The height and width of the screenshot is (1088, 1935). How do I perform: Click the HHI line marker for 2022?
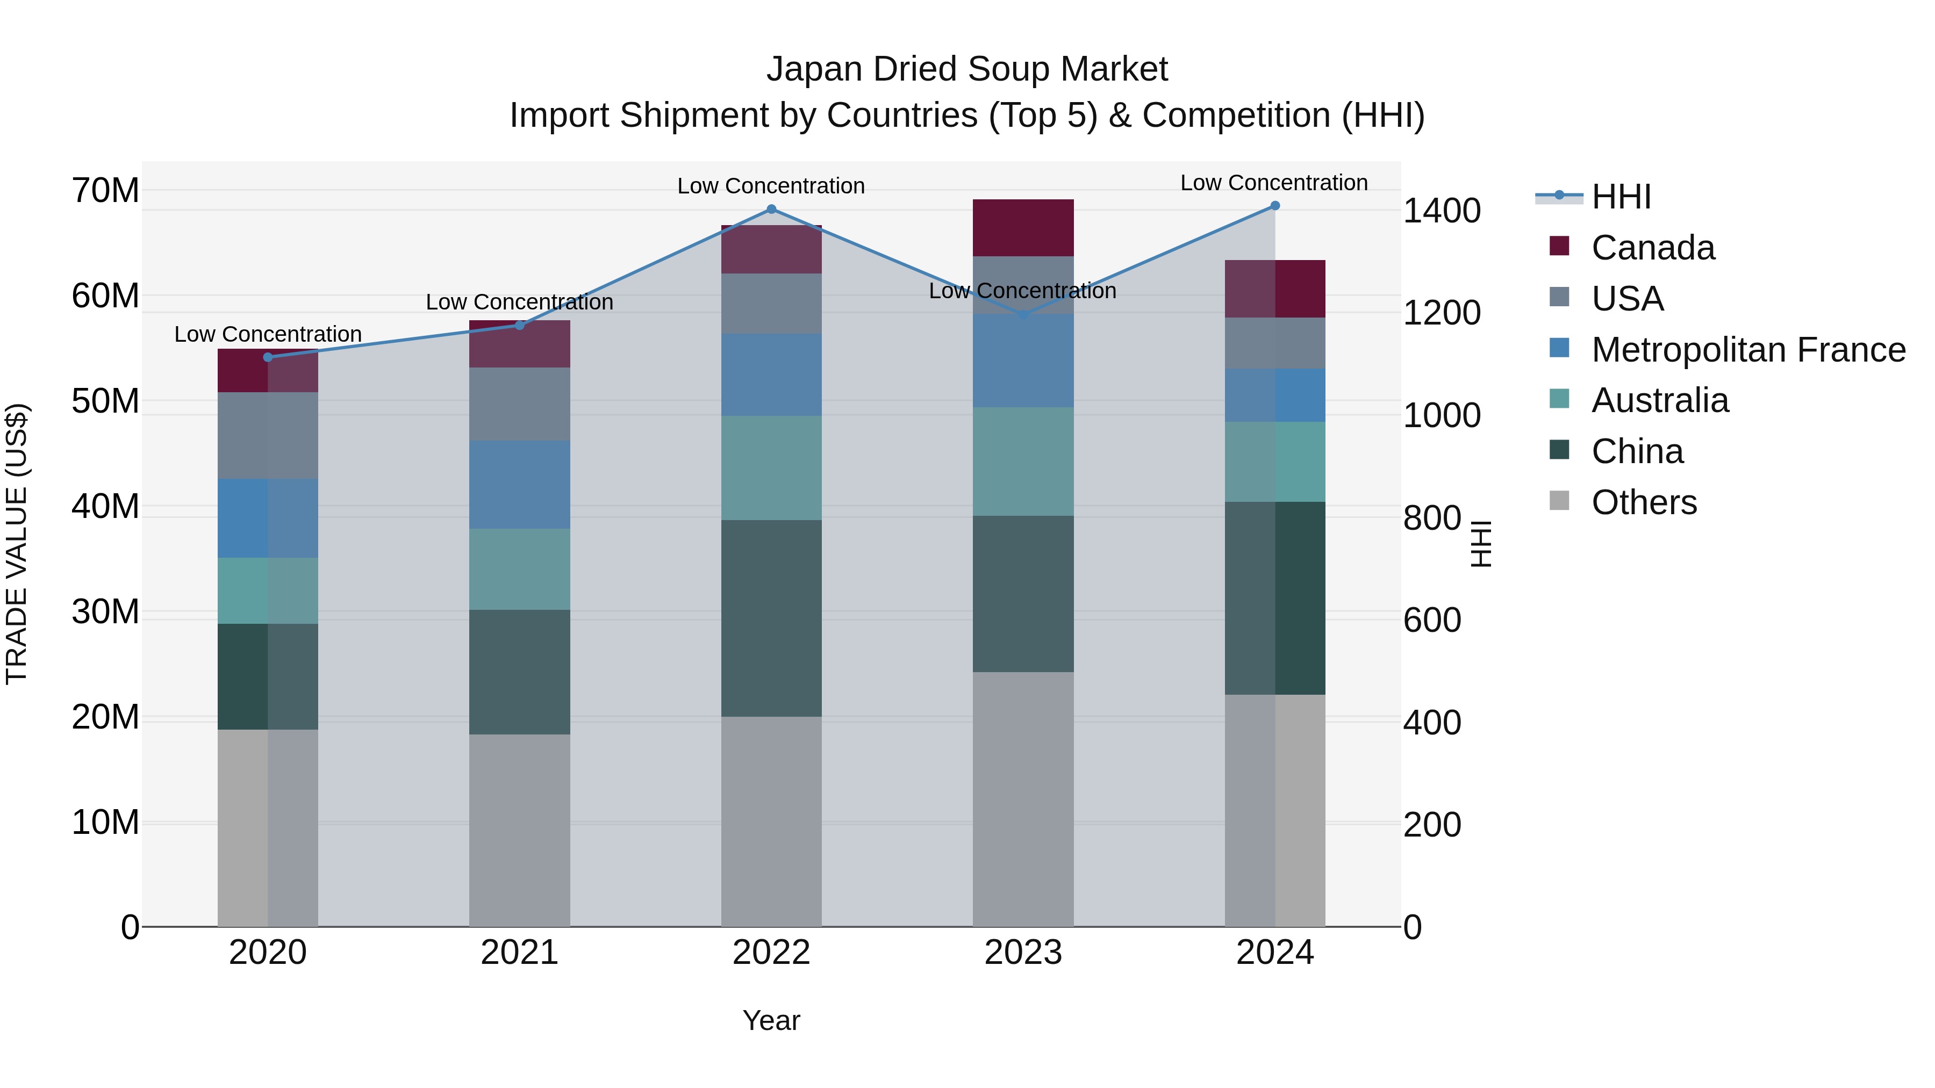tap(771, 210)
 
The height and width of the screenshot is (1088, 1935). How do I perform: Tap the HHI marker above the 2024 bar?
tap(1275, 206)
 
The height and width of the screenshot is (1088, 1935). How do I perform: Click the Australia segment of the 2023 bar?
tap(1022, 461)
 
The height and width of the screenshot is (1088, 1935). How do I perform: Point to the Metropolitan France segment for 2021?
tap(519, 484)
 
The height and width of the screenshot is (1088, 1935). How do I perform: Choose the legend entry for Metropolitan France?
tap(1748, 350)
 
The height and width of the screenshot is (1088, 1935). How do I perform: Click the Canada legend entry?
tap(1653, 248)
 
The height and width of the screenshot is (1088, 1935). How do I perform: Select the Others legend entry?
tap(1644, 502)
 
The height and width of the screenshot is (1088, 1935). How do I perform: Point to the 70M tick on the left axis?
tap(105, 191)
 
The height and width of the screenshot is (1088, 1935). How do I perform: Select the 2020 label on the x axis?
tap(268, 953)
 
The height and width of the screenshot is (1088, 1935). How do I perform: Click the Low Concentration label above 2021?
tap(519, 302)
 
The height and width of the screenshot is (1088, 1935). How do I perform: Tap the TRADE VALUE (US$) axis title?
tap(17, 544)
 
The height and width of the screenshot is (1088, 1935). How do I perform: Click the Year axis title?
tap(771, 1020)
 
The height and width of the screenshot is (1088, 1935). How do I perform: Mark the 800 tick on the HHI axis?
tap(1432, 518)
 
